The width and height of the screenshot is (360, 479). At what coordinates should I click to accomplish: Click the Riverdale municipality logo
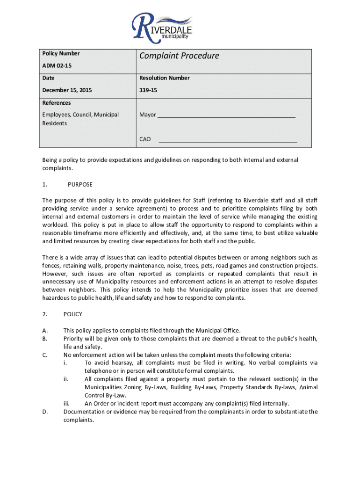tap(162, 26)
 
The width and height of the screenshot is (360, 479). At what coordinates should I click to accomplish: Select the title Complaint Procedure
tap(179, 56)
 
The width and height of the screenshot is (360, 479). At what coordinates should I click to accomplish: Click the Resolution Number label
tap(164, 78)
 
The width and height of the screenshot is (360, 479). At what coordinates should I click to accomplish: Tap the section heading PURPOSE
tap(80, 184)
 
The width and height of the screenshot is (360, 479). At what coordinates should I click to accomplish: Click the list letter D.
tap(44, 412)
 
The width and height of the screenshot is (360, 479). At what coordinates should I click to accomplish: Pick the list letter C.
tap(44, 355)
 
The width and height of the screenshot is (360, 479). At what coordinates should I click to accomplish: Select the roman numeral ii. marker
tap(66, 379)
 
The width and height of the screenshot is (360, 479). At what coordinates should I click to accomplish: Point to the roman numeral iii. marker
tap(66, 404)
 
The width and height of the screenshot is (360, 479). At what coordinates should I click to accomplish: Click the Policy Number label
tap(61, 54)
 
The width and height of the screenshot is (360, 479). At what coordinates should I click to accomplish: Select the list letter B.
tap(44, 339)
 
